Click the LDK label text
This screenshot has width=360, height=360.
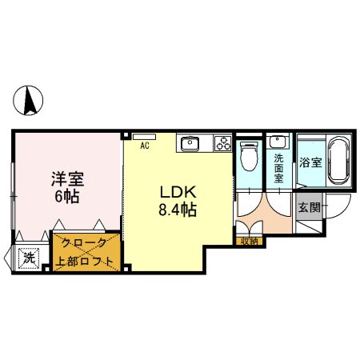click(178, 193)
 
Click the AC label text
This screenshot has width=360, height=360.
click(145, 146)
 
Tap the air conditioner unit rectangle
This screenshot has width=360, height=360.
click(145, 137)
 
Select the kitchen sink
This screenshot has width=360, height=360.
click(190, 144)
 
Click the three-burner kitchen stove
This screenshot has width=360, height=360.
click(222, 145)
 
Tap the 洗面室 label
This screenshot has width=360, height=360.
click(278, 168)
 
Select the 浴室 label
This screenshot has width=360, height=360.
click(310, 162)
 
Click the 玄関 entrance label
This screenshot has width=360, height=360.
click(309, 207)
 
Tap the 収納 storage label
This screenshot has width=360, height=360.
click(249, 240)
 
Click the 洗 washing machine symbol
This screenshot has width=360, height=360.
click(29, 258)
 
